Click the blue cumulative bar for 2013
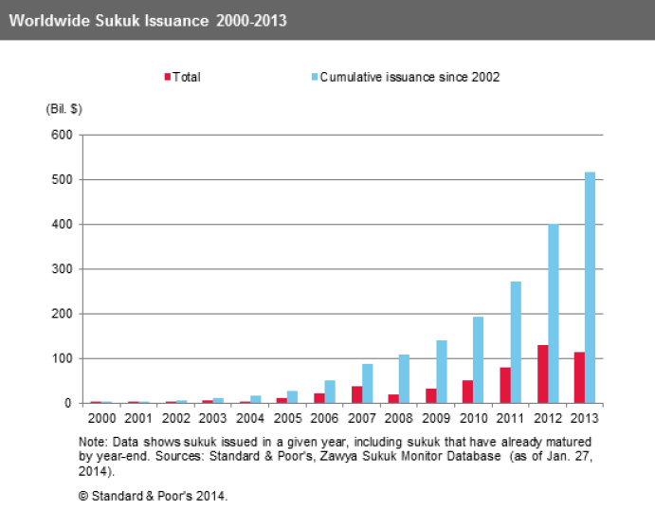pyautogui.click(x=590, y=287)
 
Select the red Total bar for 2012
pyautogui.click(x=543, y=374)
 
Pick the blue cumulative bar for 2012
pyautogui.click(x=553, y=314)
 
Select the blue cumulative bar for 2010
pyautogui.click(x=479, y=359)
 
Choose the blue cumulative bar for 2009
pyautogui.click(x=441, y=372)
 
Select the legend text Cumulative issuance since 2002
pyautogui.click(x=409, y=77)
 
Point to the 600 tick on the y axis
pyautogui.click(x=61, y=135)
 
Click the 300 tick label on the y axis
pyautogui.click(x=61, y=269)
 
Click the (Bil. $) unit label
pyautogui.click(x=64, y=109)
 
